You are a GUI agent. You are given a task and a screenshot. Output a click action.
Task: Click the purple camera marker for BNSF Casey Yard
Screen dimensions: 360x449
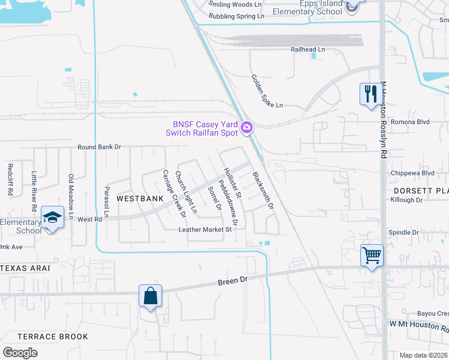coord(246,127)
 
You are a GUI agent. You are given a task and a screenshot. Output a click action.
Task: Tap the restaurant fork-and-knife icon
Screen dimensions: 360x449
coord(369,94)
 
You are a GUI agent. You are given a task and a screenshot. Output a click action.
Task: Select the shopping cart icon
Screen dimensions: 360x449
coord(372,255)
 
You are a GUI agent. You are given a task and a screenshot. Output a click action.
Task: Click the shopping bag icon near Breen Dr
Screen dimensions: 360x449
coord(149,295)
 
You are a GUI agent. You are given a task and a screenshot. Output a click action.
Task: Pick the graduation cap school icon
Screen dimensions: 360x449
coord(53,217)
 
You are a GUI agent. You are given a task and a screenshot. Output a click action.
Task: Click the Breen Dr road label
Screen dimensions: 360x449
coord(232,280)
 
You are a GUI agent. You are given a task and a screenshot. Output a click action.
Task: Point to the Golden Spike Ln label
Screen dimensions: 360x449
coord(267,91)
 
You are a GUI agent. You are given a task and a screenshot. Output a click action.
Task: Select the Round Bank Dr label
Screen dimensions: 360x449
coord(99,147)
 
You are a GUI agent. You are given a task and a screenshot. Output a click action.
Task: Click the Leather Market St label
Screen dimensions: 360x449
coord(205,229)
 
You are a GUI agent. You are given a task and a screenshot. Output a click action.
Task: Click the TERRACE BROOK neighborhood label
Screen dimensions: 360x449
coord(53,337)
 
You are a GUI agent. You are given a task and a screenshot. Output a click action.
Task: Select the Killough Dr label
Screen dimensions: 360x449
coord(406,200)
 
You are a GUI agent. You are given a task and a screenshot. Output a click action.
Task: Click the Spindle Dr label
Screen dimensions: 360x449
coord(403,232)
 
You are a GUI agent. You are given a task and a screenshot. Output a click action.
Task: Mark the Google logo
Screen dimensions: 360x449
coord(20,353)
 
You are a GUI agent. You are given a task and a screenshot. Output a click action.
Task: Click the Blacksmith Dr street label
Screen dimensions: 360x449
coord(263,190)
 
